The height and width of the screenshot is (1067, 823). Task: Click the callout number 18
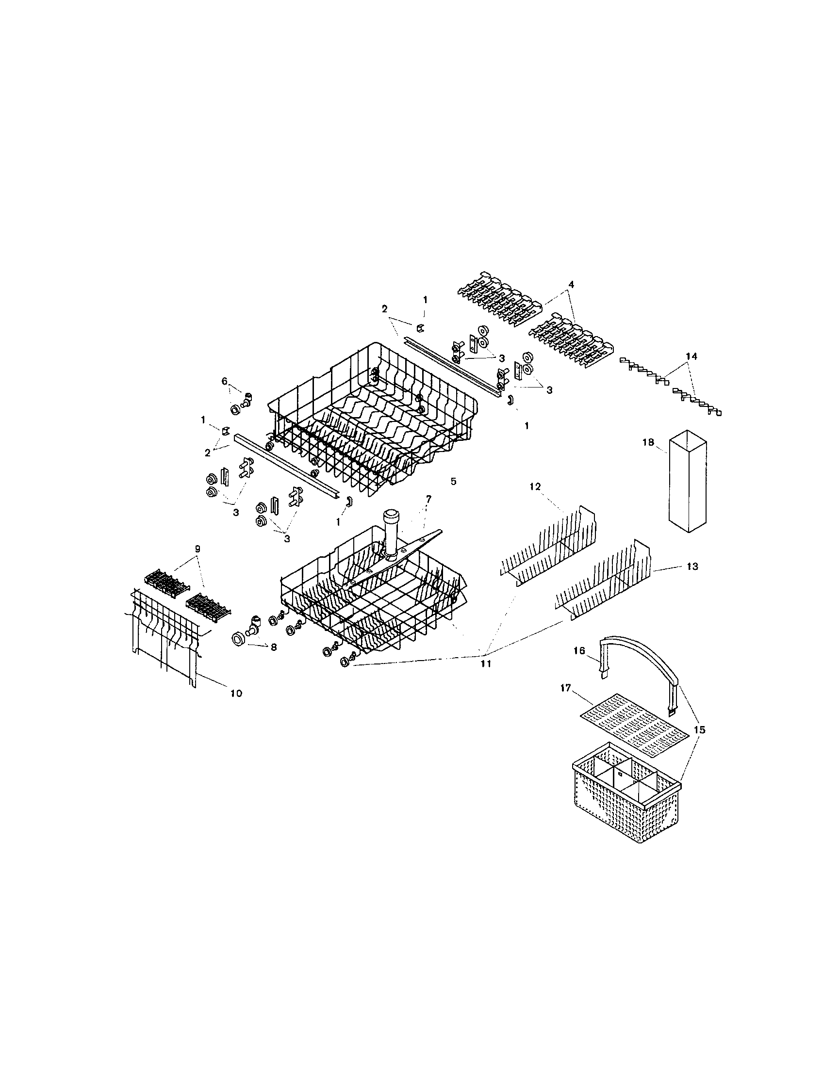point(647,442)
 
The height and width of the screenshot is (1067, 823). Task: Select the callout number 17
point(565,688)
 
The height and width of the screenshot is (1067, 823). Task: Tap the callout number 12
point(535,486)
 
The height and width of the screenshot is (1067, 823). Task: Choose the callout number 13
point(692,566)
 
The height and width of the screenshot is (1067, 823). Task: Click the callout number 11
point(486,664)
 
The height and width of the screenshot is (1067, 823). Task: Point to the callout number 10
point(235,693)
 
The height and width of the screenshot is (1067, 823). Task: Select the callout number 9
point(197,549)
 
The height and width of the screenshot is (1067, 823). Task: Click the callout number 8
point(273,647)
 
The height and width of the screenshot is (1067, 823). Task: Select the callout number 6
point(225,381)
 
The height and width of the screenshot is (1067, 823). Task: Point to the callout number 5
point(453,481)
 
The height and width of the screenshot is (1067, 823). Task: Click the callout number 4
point(571,284)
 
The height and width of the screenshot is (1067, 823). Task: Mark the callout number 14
point(691,356)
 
